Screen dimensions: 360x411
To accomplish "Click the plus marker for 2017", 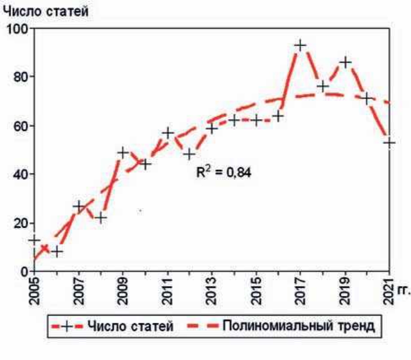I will coord(300,45).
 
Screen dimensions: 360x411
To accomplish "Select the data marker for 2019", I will coord(345,62).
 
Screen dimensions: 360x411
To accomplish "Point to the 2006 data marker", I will coord(57,252).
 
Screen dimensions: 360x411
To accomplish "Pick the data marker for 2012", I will coord(189,155).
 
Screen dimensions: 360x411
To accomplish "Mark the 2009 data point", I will coord(123,152).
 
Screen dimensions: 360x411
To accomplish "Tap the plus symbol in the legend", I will coord(66,326).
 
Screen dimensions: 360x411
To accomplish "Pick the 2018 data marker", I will coord(322,86).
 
